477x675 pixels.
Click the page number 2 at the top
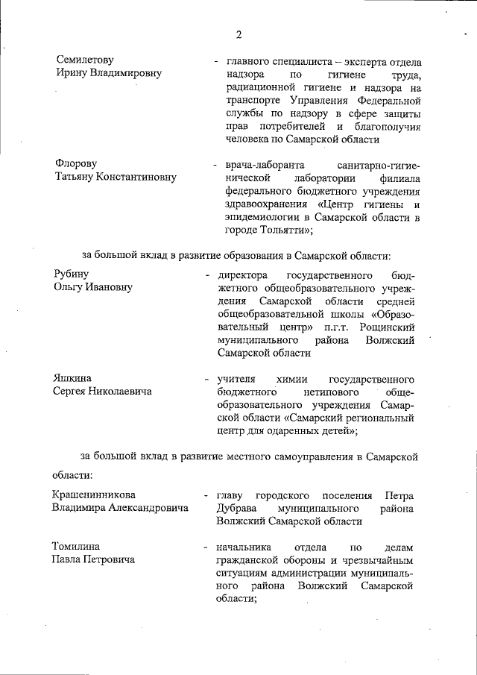239,34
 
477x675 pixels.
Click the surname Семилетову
84,59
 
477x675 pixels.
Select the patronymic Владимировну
126,73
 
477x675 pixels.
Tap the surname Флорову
76,163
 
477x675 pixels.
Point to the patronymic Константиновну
135,176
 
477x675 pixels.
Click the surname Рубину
71,274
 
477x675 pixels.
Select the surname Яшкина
73,377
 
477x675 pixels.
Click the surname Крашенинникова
94,495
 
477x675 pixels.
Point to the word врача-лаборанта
256,163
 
